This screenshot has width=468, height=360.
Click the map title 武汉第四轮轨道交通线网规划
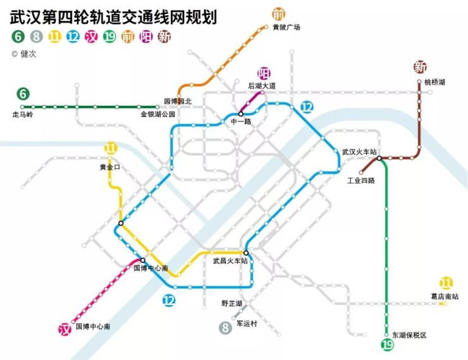point(113,17)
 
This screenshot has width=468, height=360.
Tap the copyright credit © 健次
point(24,54)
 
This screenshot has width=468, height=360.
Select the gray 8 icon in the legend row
point(37,37)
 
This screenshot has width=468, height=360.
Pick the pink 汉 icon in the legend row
point(91,37)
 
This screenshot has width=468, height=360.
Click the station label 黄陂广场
point(286,27)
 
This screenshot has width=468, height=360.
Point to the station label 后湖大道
point(262,86)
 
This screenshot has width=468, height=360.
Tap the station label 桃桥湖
point(434,82)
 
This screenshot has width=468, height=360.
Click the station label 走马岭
point(23,115)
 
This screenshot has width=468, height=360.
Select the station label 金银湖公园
point(157,115)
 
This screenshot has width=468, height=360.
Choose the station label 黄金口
point(110,167)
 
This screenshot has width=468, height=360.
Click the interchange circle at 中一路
point(240,114)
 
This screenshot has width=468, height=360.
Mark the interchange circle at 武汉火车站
point(379,158)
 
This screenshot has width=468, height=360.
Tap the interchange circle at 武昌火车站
point(246,253)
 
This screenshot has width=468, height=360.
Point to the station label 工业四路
point(361,180)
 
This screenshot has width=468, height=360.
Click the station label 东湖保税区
point(409,335)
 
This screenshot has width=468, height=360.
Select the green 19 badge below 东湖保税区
point(388,345)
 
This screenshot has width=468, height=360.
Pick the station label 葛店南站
point(445,297)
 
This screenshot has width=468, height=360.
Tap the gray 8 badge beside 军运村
point(225,328)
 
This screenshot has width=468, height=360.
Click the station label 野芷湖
point(231,304)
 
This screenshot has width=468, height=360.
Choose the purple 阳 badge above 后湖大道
point(264,73)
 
